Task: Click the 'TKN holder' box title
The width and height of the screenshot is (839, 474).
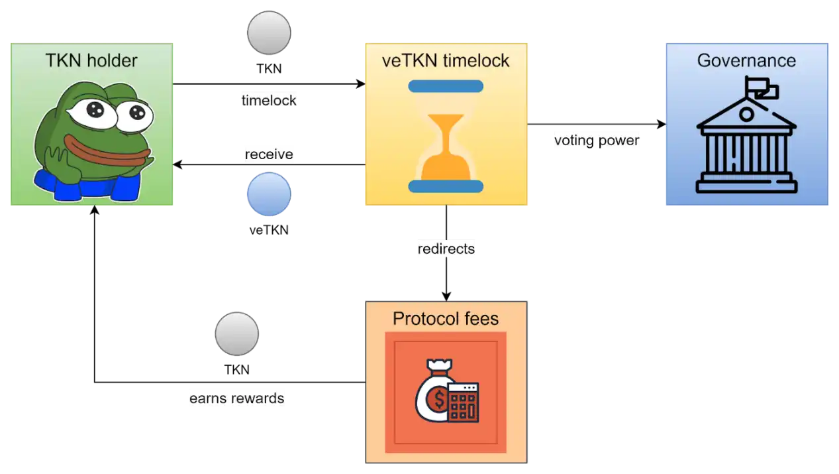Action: click(x=91, y=60)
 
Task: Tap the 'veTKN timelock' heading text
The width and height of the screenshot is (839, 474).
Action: click(x=446, y=60)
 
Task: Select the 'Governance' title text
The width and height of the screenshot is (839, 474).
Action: click(x=746, y=60)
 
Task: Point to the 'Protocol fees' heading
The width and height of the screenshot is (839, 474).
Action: click(x=446, y=318)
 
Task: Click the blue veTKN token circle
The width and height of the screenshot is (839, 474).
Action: click(x=269, y=194)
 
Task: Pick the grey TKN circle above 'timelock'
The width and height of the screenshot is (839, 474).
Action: click(x=269, y=32)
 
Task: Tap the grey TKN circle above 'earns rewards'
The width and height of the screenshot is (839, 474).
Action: click(x=236, y=333)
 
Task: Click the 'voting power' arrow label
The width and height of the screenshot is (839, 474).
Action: click(x=597, y=141)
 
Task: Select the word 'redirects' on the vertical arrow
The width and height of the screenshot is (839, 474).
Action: click(x=446, y=249)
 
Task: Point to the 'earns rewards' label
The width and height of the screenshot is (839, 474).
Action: click(x=236, y=398)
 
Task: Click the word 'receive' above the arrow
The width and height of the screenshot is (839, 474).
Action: click(x=269, y=154)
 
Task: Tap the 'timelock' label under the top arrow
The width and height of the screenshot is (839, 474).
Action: click(x=269, y=101)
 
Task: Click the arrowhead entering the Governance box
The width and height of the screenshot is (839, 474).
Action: click(x=662, y=124)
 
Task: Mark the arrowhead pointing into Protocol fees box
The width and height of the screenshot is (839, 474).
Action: click(x=446, y=296)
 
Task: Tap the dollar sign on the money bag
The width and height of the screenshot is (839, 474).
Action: click(x=439, y=399)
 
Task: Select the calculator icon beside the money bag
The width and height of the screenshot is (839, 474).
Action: click(x=464, y=402)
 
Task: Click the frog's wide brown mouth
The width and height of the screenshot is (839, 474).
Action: click(x=107, y=150)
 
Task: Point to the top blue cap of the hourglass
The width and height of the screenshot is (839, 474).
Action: click(x=446, y=86)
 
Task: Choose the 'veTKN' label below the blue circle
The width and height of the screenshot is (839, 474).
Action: click(x=269, y=230)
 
